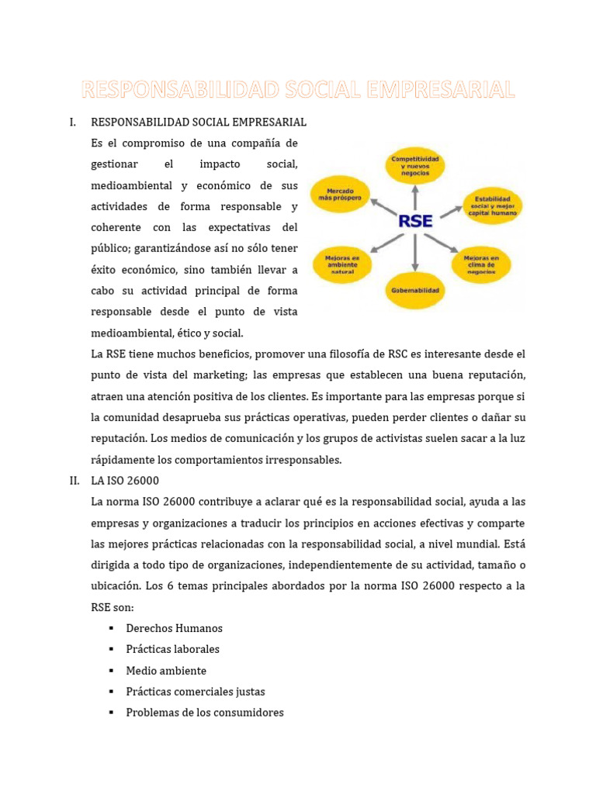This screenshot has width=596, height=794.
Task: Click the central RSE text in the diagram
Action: pos(414,221)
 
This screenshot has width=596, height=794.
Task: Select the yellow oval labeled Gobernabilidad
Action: pos(414,291)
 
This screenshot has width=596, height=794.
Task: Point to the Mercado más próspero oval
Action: pos(339,194)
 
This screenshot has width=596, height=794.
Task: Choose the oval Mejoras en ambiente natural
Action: pos(342,264)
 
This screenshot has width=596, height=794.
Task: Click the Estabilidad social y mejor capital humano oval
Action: pos(493,205)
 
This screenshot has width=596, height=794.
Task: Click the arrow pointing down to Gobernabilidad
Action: pos(414,254)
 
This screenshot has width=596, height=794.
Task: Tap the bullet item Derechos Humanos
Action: pos(174,628)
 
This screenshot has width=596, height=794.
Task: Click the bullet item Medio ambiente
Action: pos(166,671)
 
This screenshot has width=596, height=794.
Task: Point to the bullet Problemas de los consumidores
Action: pos(204,713)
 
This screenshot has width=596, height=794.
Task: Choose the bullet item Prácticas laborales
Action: pos(172,649)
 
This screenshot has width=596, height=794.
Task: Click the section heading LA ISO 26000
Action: pos(125,481)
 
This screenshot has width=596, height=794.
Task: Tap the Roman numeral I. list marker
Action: pos(72,123)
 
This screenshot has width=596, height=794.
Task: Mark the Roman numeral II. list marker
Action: pos(74,481)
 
